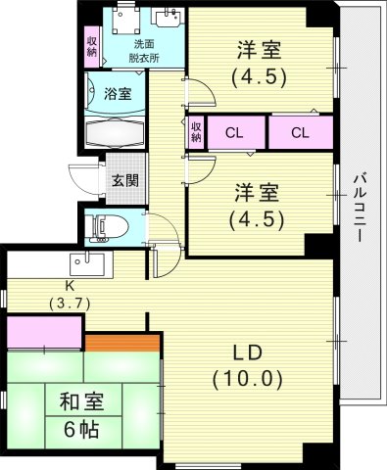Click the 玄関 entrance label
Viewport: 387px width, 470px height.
tap(125, 180)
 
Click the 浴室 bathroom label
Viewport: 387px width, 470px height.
tap(118, 94)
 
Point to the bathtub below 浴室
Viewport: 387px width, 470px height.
tap(115, 134)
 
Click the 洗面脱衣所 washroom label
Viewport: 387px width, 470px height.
tap(144, 51)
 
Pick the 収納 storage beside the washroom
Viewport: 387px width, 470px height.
tap(92, 47)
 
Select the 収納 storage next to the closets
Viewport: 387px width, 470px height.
tap(196, 133)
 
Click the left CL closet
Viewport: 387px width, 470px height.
tap(235, 133)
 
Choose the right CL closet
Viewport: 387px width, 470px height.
tap(301, 132)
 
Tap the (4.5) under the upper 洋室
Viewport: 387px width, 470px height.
tap(259, 77)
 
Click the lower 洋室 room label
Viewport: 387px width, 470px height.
tap(258, 193)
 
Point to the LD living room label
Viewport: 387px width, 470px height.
tap(247, 352)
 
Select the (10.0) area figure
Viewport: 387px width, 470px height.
tap(247, 380)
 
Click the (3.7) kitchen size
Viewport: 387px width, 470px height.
tap(70, 305)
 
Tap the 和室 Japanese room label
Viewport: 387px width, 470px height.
tap(81, 401)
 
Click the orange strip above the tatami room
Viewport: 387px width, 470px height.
tap(122, 343)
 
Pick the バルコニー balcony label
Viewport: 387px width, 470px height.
tap(361, 208)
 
